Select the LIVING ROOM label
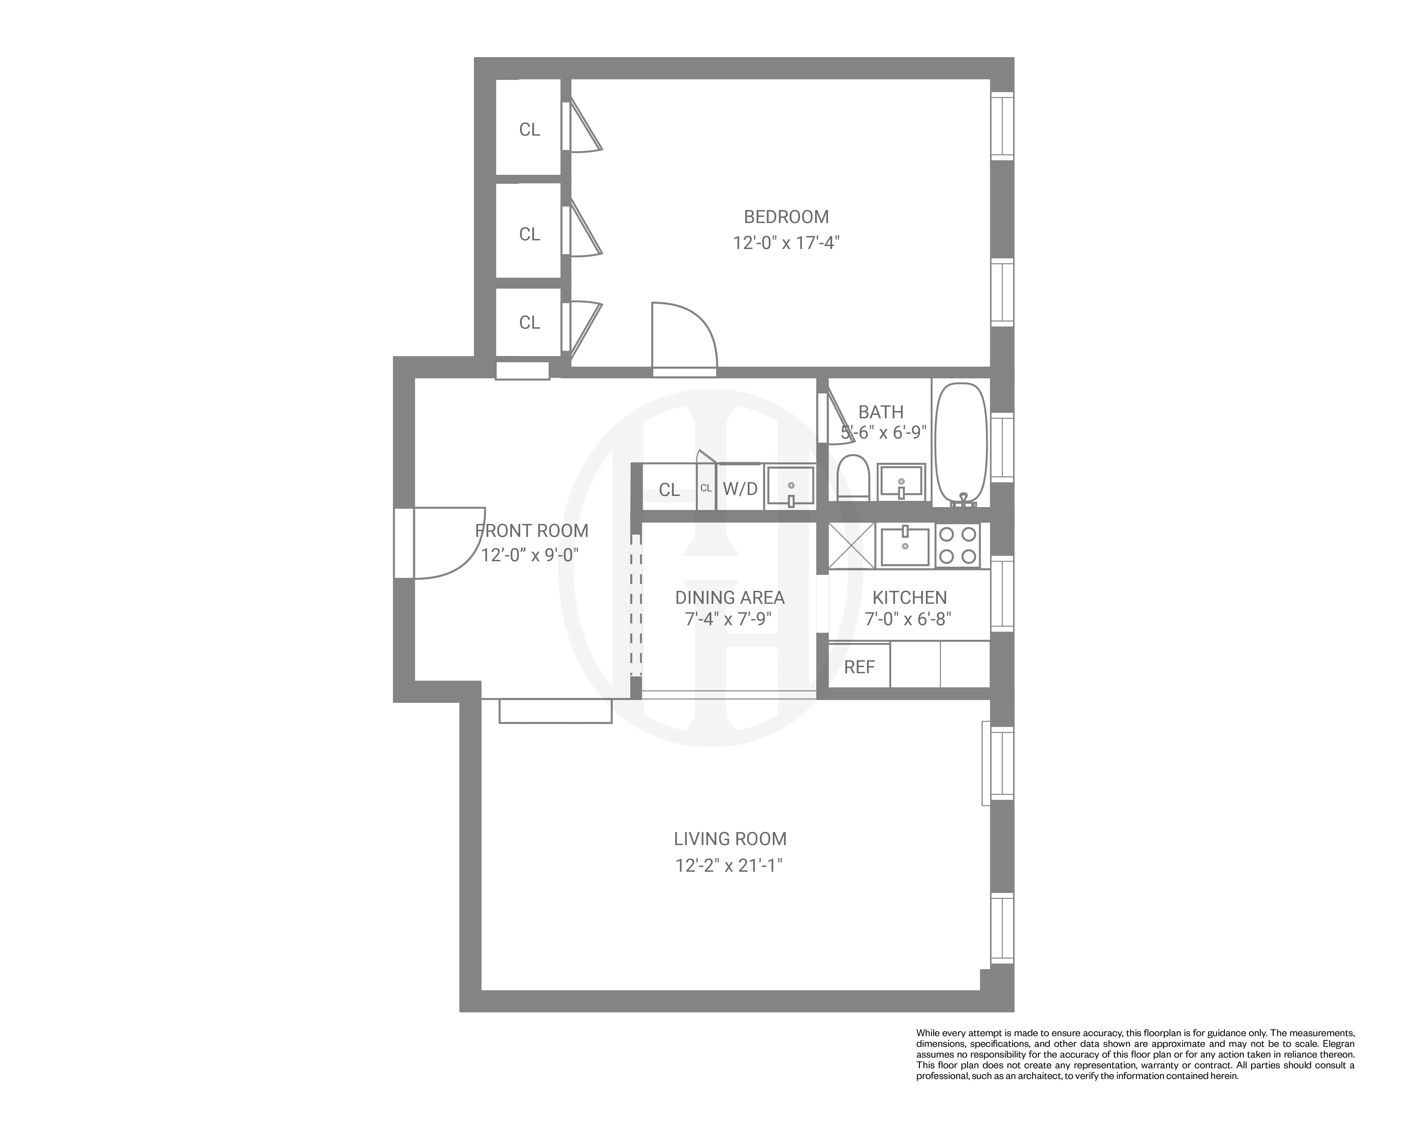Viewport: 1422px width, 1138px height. (x=729, y=839)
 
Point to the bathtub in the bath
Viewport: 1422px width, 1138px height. (x=962, y=443)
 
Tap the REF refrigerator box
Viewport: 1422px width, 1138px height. (x=859, y=667)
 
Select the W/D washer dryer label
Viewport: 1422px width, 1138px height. (x=740, y=489)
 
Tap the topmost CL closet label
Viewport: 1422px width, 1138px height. (x=529, y=129)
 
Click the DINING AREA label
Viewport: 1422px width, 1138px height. (x=729, y=598)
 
